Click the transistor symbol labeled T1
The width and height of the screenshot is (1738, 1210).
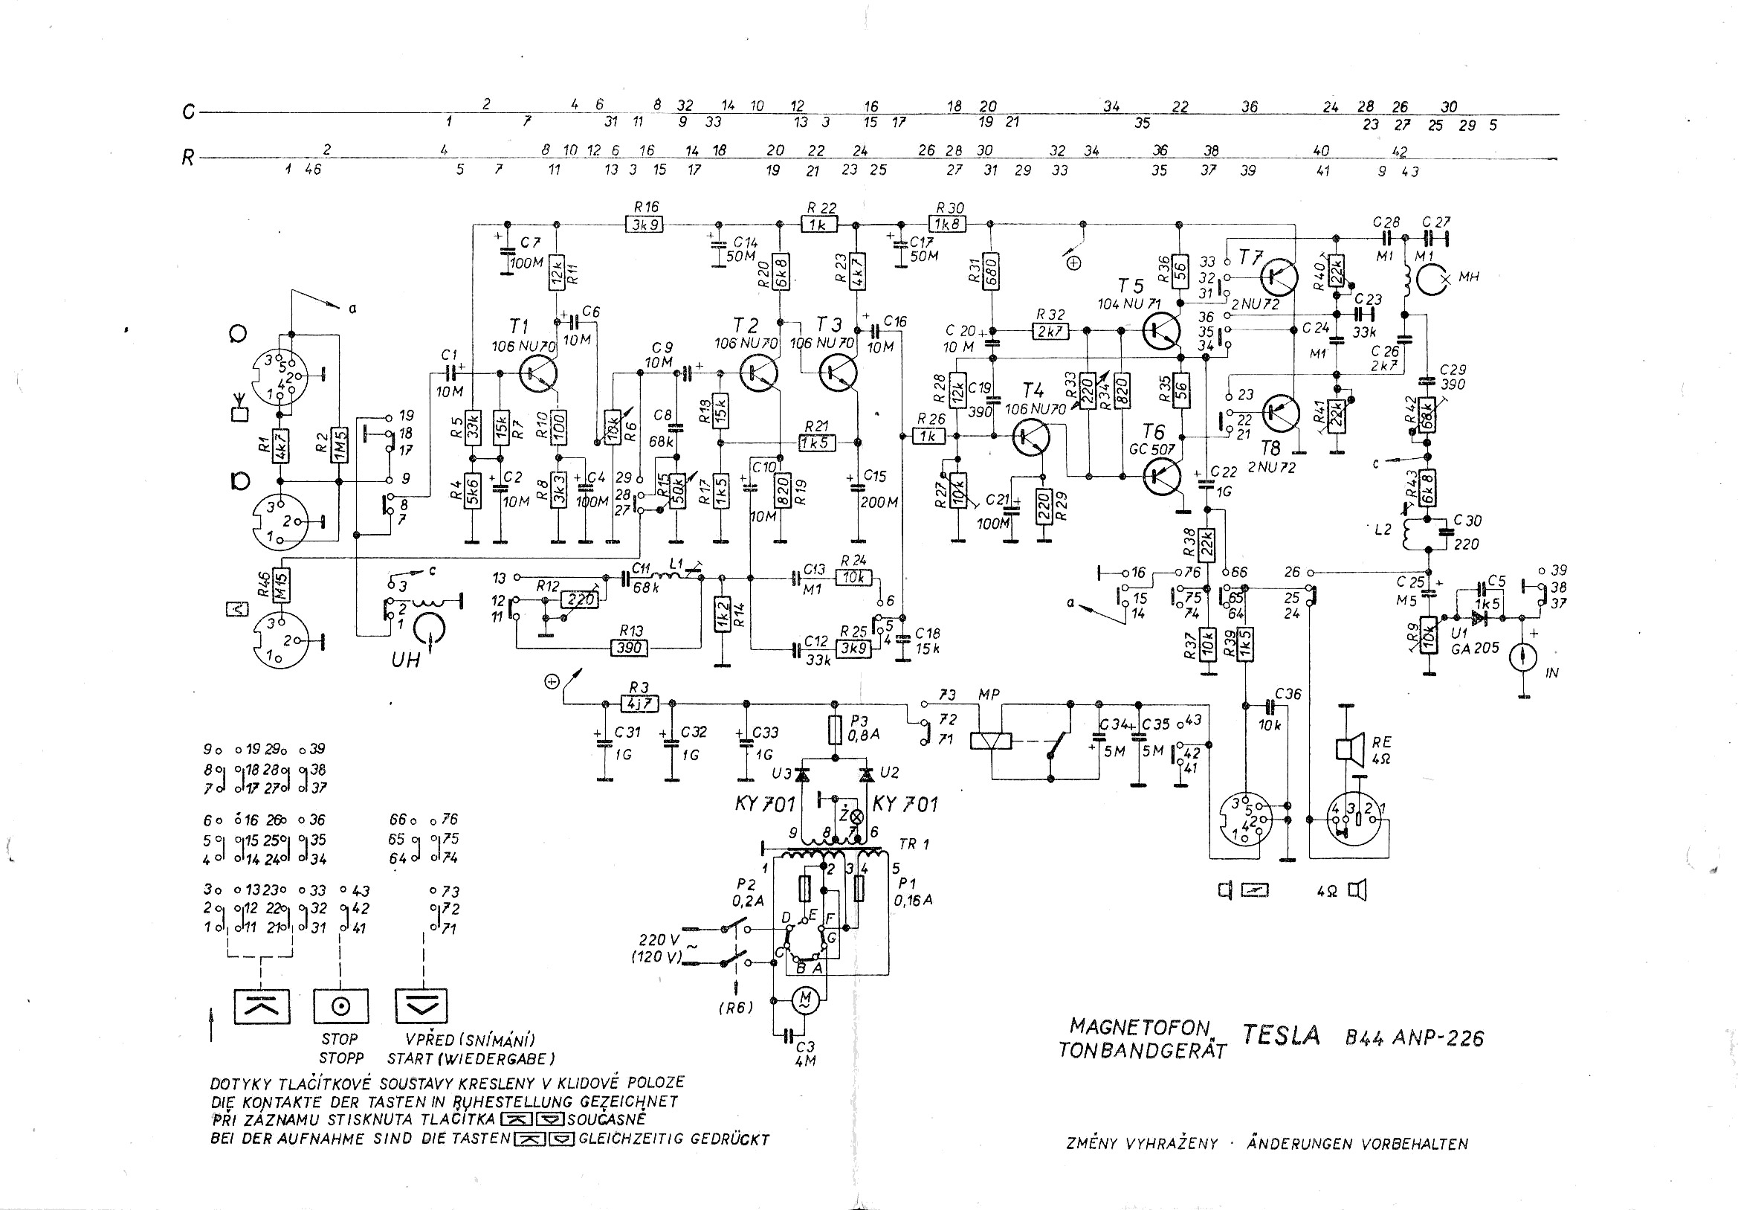click(x=538, y=373)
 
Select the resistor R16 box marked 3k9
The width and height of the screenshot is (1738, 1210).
click(x=645, y=224)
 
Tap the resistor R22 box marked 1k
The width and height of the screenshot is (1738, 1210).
click(x=819, y=224)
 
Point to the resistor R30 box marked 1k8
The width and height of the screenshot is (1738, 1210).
click(x=947, y=224)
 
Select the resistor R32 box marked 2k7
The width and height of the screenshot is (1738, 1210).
click(x=1050, y=331)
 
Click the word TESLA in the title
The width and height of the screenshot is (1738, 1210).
click(x=1281, y=1035)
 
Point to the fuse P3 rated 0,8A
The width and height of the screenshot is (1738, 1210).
click(x=836, y=733)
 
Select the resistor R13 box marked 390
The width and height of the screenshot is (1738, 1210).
click(x=629, y=648)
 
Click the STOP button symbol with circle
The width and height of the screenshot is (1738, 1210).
click(x=340, y=1006)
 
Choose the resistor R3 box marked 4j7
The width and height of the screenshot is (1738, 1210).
click(x=639, y=704)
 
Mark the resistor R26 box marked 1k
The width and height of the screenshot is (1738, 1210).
click(x=928, y=437)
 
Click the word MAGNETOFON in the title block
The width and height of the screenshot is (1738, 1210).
click(x=1140, y=1026)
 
